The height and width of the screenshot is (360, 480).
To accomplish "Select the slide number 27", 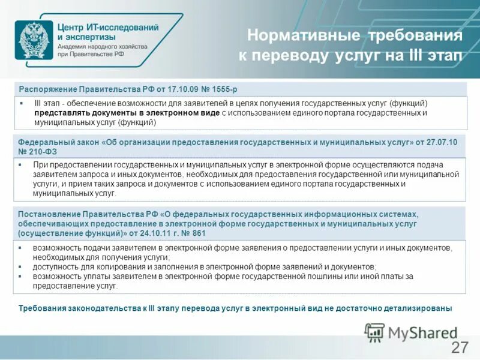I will pyautogui.click(x=459, y=347).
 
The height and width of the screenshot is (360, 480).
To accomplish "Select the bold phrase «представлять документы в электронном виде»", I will pyautogui.click(x=127, y=112).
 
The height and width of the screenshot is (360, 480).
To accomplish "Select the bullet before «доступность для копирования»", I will pyautogui.click(x=20, y=267).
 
